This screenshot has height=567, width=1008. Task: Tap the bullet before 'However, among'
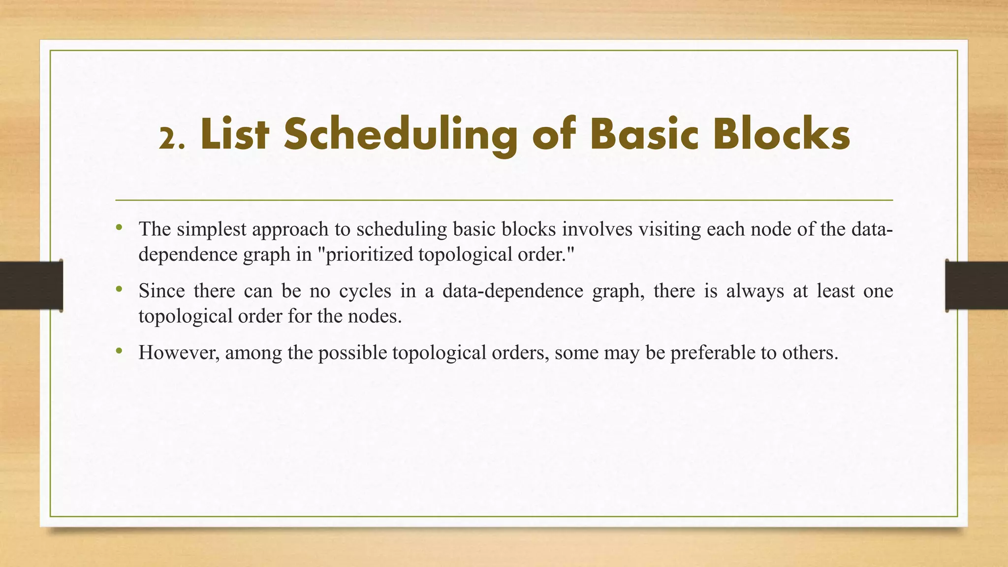click(x=119, y=351)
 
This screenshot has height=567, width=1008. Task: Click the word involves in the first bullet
click(x=597, y=229)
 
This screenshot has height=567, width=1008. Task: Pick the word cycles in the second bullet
click(x=365, y=291)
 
